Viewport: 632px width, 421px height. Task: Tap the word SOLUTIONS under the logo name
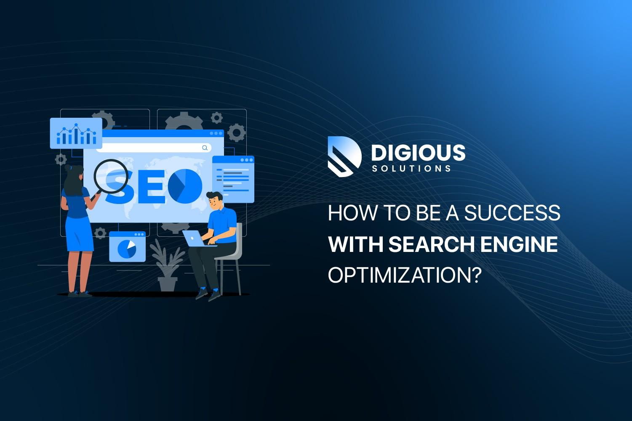pyautogui.click(x=411, y=169)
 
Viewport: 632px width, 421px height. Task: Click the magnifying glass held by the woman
pyautogui.click(x=110, y=176)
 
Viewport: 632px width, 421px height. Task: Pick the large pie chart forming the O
pyautogui.click(x=185, y=185)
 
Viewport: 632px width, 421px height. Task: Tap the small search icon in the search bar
pyautogui.click(x=205, y=148)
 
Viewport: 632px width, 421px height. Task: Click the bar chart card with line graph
pyautogui.click(x=76, y=133)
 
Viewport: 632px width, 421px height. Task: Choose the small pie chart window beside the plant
pyautogui.click(x=127, y=247)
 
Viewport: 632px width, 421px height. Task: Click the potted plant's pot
pyautogui.click(x=167, y=283)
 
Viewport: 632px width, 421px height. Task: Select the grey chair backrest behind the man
pyautogui.click(x=239, y=240)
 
